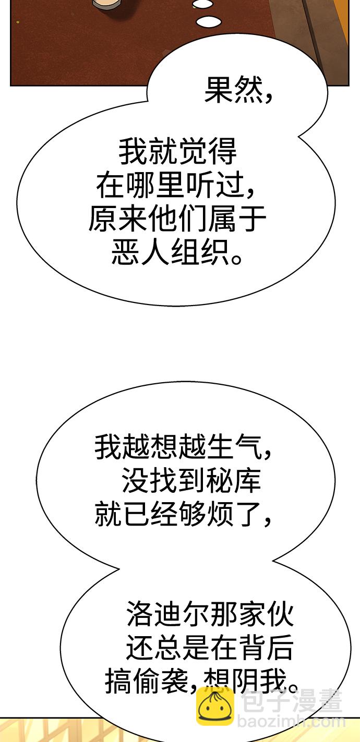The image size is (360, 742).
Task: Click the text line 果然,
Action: [238, 90]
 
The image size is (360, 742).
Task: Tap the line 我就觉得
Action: [178, 152]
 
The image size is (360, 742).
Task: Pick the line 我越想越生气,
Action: [183, 447]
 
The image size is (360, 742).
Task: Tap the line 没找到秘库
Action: [191, 480]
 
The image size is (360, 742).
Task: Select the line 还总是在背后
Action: [210, 647]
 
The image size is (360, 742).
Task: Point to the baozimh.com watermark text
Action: [291, 722]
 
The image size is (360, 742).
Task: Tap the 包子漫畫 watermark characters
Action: [291, 701]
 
